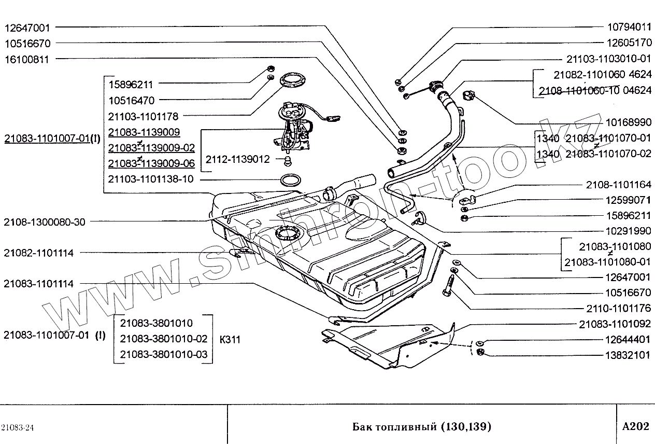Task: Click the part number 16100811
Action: pos(26,59)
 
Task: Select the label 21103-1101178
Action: pos(143,116)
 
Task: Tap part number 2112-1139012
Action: pos(238,159)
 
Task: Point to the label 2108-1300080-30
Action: pos(44,221)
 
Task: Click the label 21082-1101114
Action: pos(38,253)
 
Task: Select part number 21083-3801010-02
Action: pos(163,339)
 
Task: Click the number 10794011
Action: pos(629,26)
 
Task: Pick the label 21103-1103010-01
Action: pos(608,59)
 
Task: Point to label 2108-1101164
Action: pos(619,185)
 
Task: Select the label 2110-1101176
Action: pos(619,308)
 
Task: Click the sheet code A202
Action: pos(635,426)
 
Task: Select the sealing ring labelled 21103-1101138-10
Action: pos(290,180)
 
